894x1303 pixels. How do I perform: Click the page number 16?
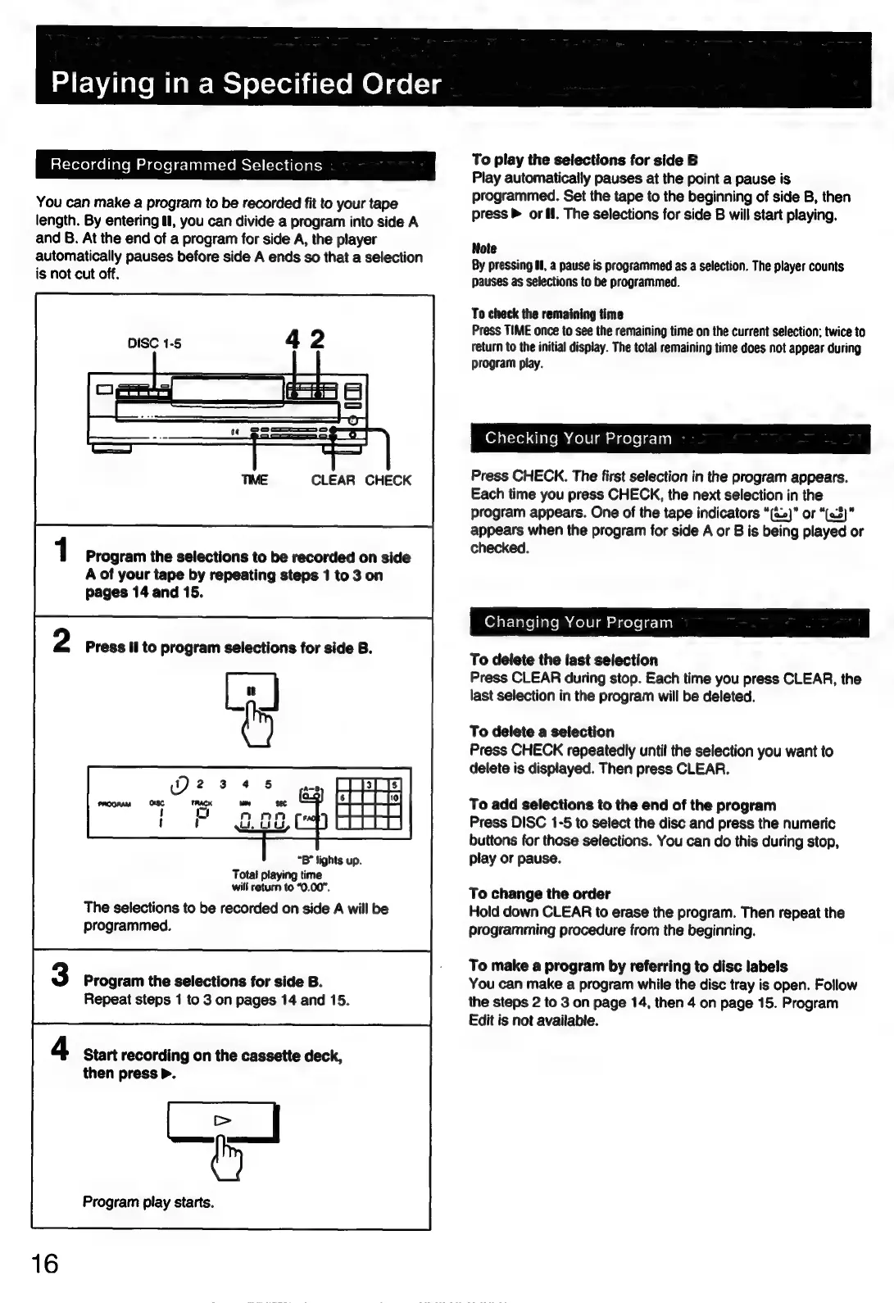[45, 1263]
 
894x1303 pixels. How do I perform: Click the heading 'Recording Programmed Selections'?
[186, 165]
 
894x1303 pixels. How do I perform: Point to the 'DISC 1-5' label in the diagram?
[154, 343]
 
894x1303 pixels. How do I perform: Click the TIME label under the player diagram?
[254, 480]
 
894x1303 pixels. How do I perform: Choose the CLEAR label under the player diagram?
[333, 480]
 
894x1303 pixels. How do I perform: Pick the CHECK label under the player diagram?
[388, 480]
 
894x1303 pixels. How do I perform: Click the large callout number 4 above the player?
[290, 339]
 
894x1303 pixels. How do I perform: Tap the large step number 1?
[60, 551]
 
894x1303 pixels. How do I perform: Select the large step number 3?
[60, 975]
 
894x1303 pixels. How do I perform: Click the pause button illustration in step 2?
[252, 692]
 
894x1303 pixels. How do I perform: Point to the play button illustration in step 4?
[222, 1121]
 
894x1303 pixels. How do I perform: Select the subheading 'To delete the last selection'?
[564, 660]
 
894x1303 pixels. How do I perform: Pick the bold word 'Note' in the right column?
[483, 248]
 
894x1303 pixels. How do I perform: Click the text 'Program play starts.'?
[148, 1202]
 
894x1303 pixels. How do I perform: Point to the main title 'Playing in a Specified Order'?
[246, 84]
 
